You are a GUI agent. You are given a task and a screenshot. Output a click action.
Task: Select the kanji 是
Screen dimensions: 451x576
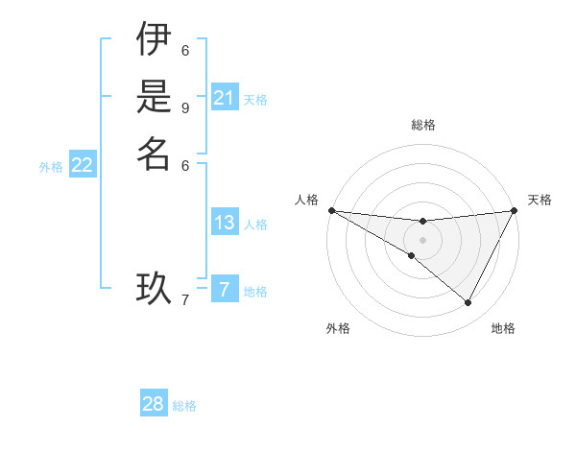pyautogui.click(x=154, y=99)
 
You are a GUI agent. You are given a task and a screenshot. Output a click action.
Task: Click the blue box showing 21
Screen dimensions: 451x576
pyautogui.click(x=225, y=98)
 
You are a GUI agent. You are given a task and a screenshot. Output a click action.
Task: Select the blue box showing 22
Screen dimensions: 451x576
pyautogui.click(x=83, y=166)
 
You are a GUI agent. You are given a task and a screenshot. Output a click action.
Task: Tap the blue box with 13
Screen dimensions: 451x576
pyautogui.click(x=225, y=223)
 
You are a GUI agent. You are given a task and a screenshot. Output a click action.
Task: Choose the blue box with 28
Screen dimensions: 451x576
pyautogui.click(x=154, y=404)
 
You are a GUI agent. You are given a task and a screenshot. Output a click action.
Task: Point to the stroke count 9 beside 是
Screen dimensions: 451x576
pyautogui.click(x=185, y=107)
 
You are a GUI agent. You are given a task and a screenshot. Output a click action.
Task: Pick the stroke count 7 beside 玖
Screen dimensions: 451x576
pyautogui.click(x=185, y=300)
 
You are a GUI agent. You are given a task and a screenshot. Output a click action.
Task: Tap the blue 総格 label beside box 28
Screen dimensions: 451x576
pyautogui.click(x=184, y=406)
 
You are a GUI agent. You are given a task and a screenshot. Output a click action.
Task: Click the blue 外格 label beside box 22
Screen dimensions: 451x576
pyautogui.click(x=51, y=167)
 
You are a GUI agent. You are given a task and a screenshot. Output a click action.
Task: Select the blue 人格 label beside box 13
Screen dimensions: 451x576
pyautogui.click(x=255, y=225)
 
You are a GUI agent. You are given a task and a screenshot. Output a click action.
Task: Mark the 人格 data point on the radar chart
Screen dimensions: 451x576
pyautogui.click(x=331, y=210)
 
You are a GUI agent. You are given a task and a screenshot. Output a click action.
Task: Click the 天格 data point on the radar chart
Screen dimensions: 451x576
pyautogui.click(x=515, y=211)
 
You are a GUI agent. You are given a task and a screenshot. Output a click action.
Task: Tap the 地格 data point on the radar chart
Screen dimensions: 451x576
pyautogui.click(x=468, y=303)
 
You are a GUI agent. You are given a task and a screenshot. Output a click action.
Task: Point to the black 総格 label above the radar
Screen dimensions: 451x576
pyautogui.click(x=422, y=125)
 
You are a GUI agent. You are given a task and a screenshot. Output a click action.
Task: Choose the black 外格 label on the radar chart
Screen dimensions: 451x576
pyautogui.click(x=338, y=328)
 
